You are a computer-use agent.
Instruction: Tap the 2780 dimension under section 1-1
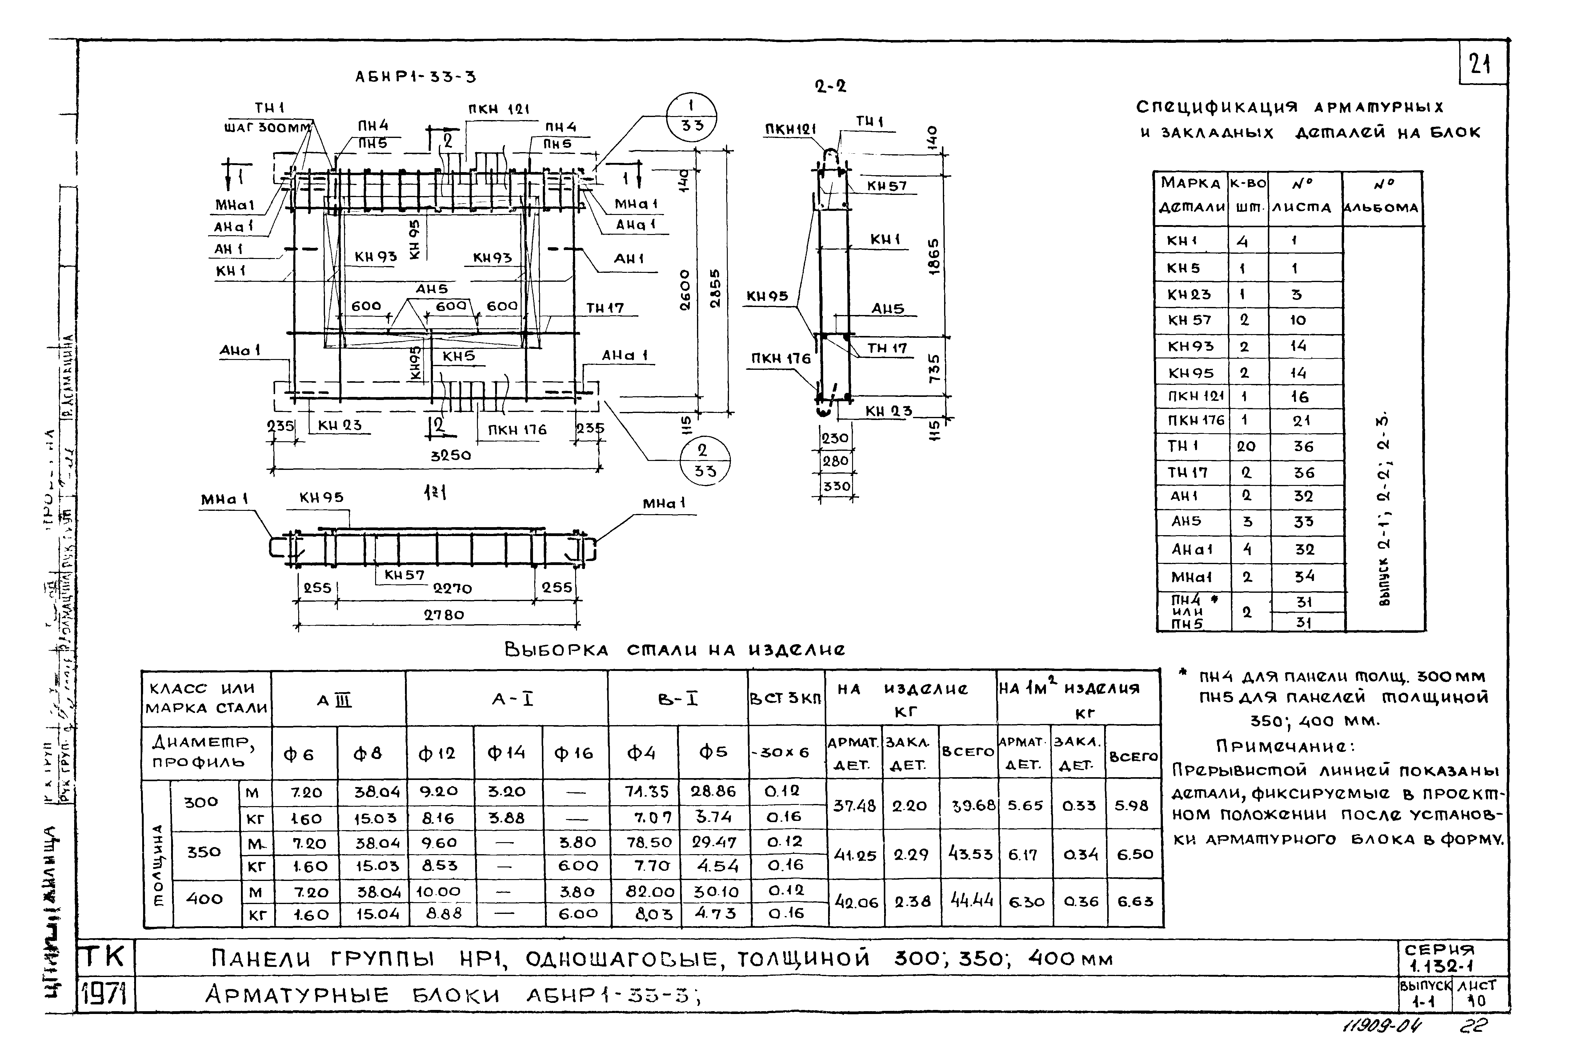(x=444, y=615)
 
